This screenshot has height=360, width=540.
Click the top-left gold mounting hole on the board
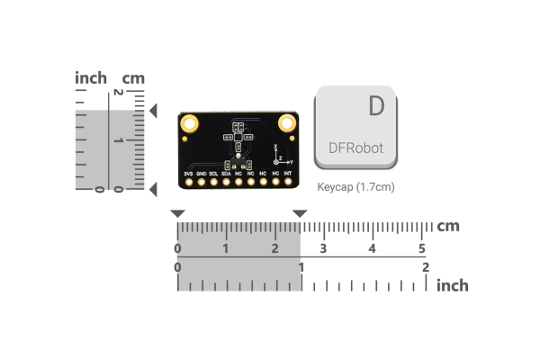click(188, 122)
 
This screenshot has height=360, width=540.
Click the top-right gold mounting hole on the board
click(287, 122)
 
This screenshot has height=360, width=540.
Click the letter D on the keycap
click(376, 106)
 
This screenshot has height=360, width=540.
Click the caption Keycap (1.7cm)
click(356, 187)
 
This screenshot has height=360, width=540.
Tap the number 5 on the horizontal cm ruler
click(421, 248)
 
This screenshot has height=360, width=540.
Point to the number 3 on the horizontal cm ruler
click(323, 248)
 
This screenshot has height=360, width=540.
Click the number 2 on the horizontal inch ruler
click(425, 267)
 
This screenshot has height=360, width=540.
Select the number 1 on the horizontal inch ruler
click(301, 267)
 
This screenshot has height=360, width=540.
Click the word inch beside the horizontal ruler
click(452, 285)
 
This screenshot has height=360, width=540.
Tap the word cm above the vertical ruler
click(133, 78)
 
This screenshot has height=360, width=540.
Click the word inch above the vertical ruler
click(91, 78)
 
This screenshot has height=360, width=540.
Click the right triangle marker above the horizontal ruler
click(300, 213)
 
